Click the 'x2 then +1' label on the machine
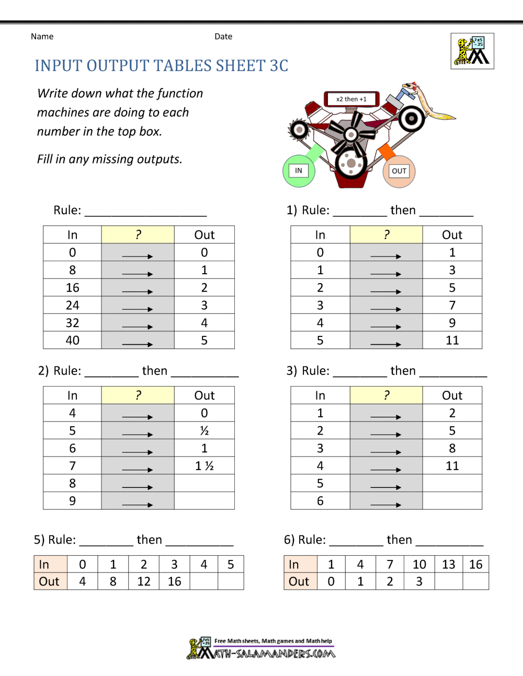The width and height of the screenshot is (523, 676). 351,99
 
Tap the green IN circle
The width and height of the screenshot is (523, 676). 299,171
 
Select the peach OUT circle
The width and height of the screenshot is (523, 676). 399,171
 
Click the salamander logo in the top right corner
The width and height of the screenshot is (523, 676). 472,51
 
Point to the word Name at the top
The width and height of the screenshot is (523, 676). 42,37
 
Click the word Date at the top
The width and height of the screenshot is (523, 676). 223,37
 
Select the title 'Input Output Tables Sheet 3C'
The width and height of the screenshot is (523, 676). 162,66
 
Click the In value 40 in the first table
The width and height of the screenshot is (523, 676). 72,341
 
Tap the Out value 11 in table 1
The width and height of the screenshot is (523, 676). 452,341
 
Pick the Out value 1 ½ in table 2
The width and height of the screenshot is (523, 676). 204,466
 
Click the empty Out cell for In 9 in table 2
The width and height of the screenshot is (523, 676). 204,501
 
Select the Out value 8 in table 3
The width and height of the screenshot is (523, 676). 452,448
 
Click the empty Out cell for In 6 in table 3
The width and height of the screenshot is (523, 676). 452,501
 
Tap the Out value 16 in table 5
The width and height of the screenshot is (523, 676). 174,581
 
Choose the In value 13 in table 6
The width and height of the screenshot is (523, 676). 448,564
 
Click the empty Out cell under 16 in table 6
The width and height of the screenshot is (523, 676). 475,581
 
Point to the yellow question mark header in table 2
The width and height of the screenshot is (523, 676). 138,395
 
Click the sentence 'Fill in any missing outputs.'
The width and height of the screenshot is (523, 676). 109,159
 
